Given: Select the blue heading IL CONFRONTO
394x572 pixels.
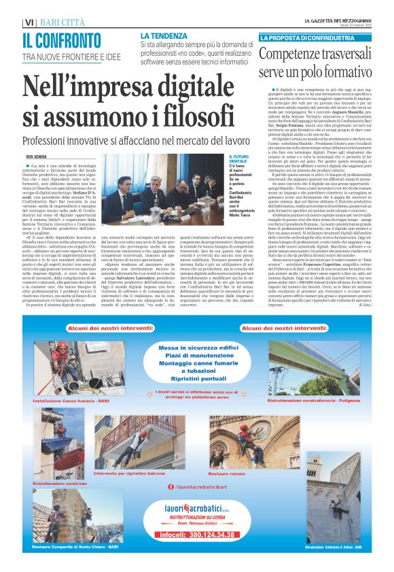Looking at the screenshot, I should click(x=62, y=40).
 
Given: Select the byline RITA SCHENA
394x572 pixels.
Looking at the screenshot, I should click(x=37, y=156).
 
